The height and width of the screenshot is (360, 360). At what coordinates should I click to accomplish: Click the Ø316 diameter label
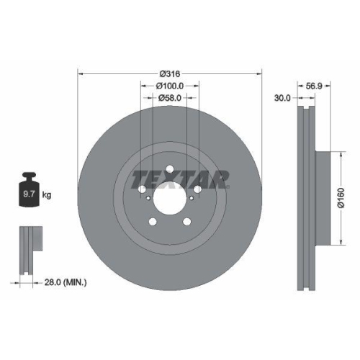[169, 73]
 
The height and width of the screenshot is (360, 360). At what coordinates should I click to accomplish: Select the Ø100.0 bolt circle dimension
[169, 85]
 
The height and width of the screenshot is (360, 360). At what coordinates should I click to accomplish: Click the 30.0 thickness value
[284, 99]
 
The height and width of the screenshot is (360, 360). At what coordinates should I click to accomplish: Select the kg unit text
[47, 194]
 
